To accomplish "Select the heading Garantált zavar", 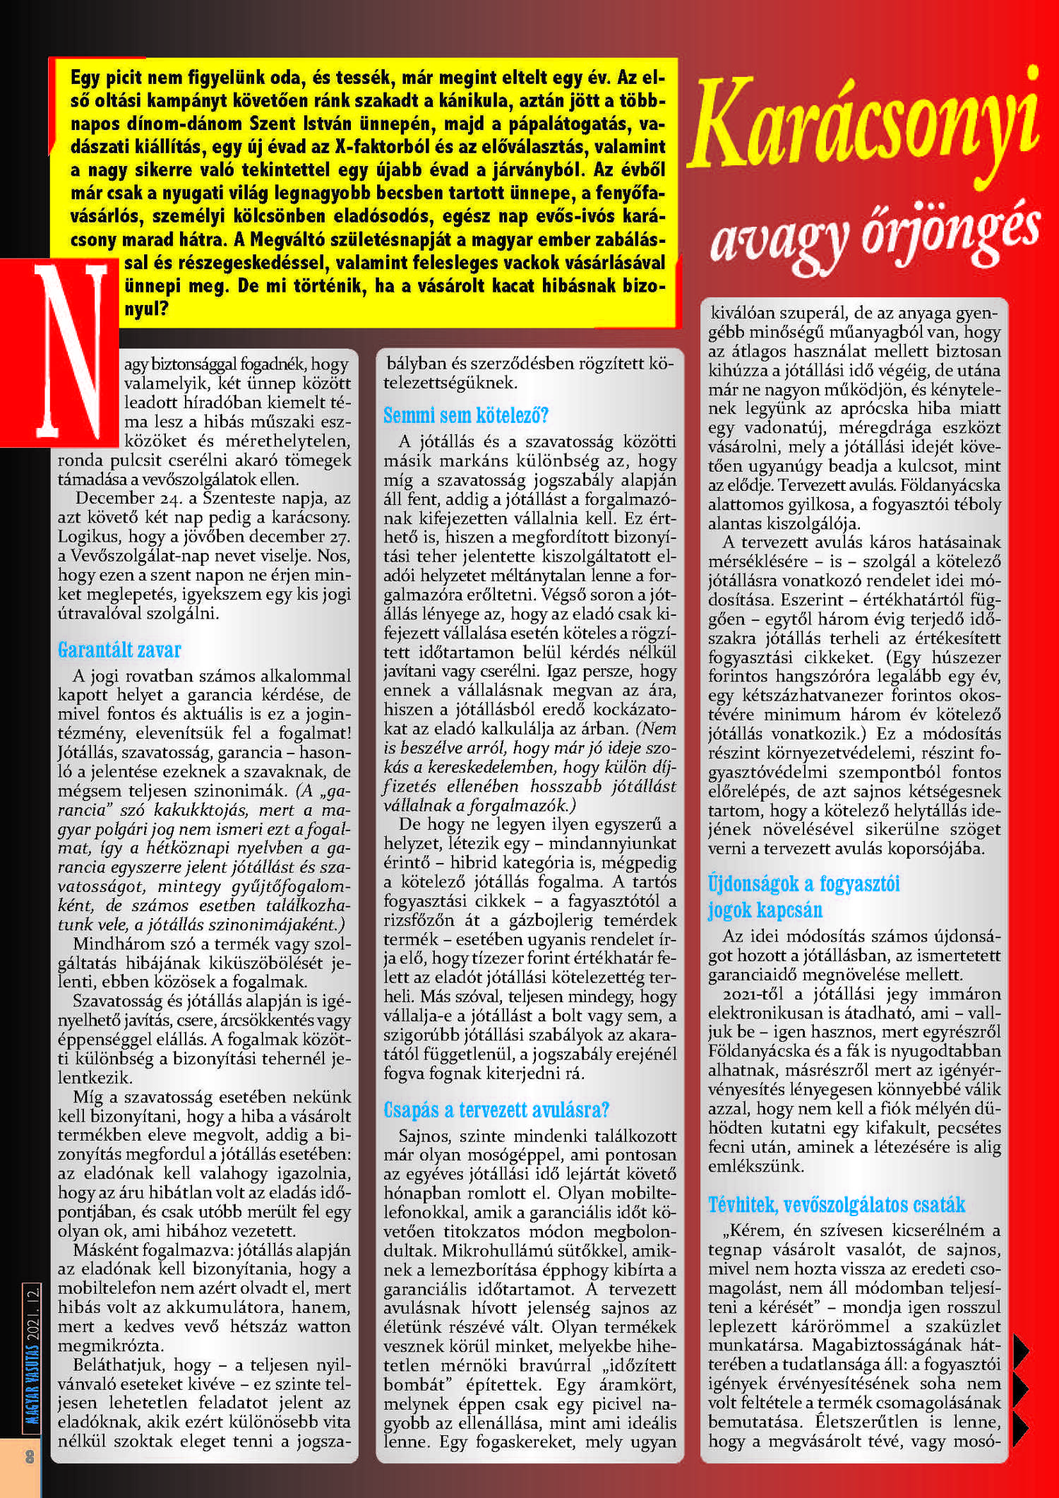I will pyautogui.click(x=119, y=649).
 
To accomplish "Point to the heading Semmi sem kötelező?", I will pyautogui.click(x=466, y=415).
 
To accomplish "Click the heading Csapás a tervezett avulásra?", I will pyautogui.click(x=496, y=1109).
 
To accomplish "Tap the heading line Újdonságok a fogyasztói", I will pyautogui.click(x=804, y=884).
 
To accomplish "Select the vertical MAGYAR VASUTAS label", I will pyautogui.click(x=30, y=1374).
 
